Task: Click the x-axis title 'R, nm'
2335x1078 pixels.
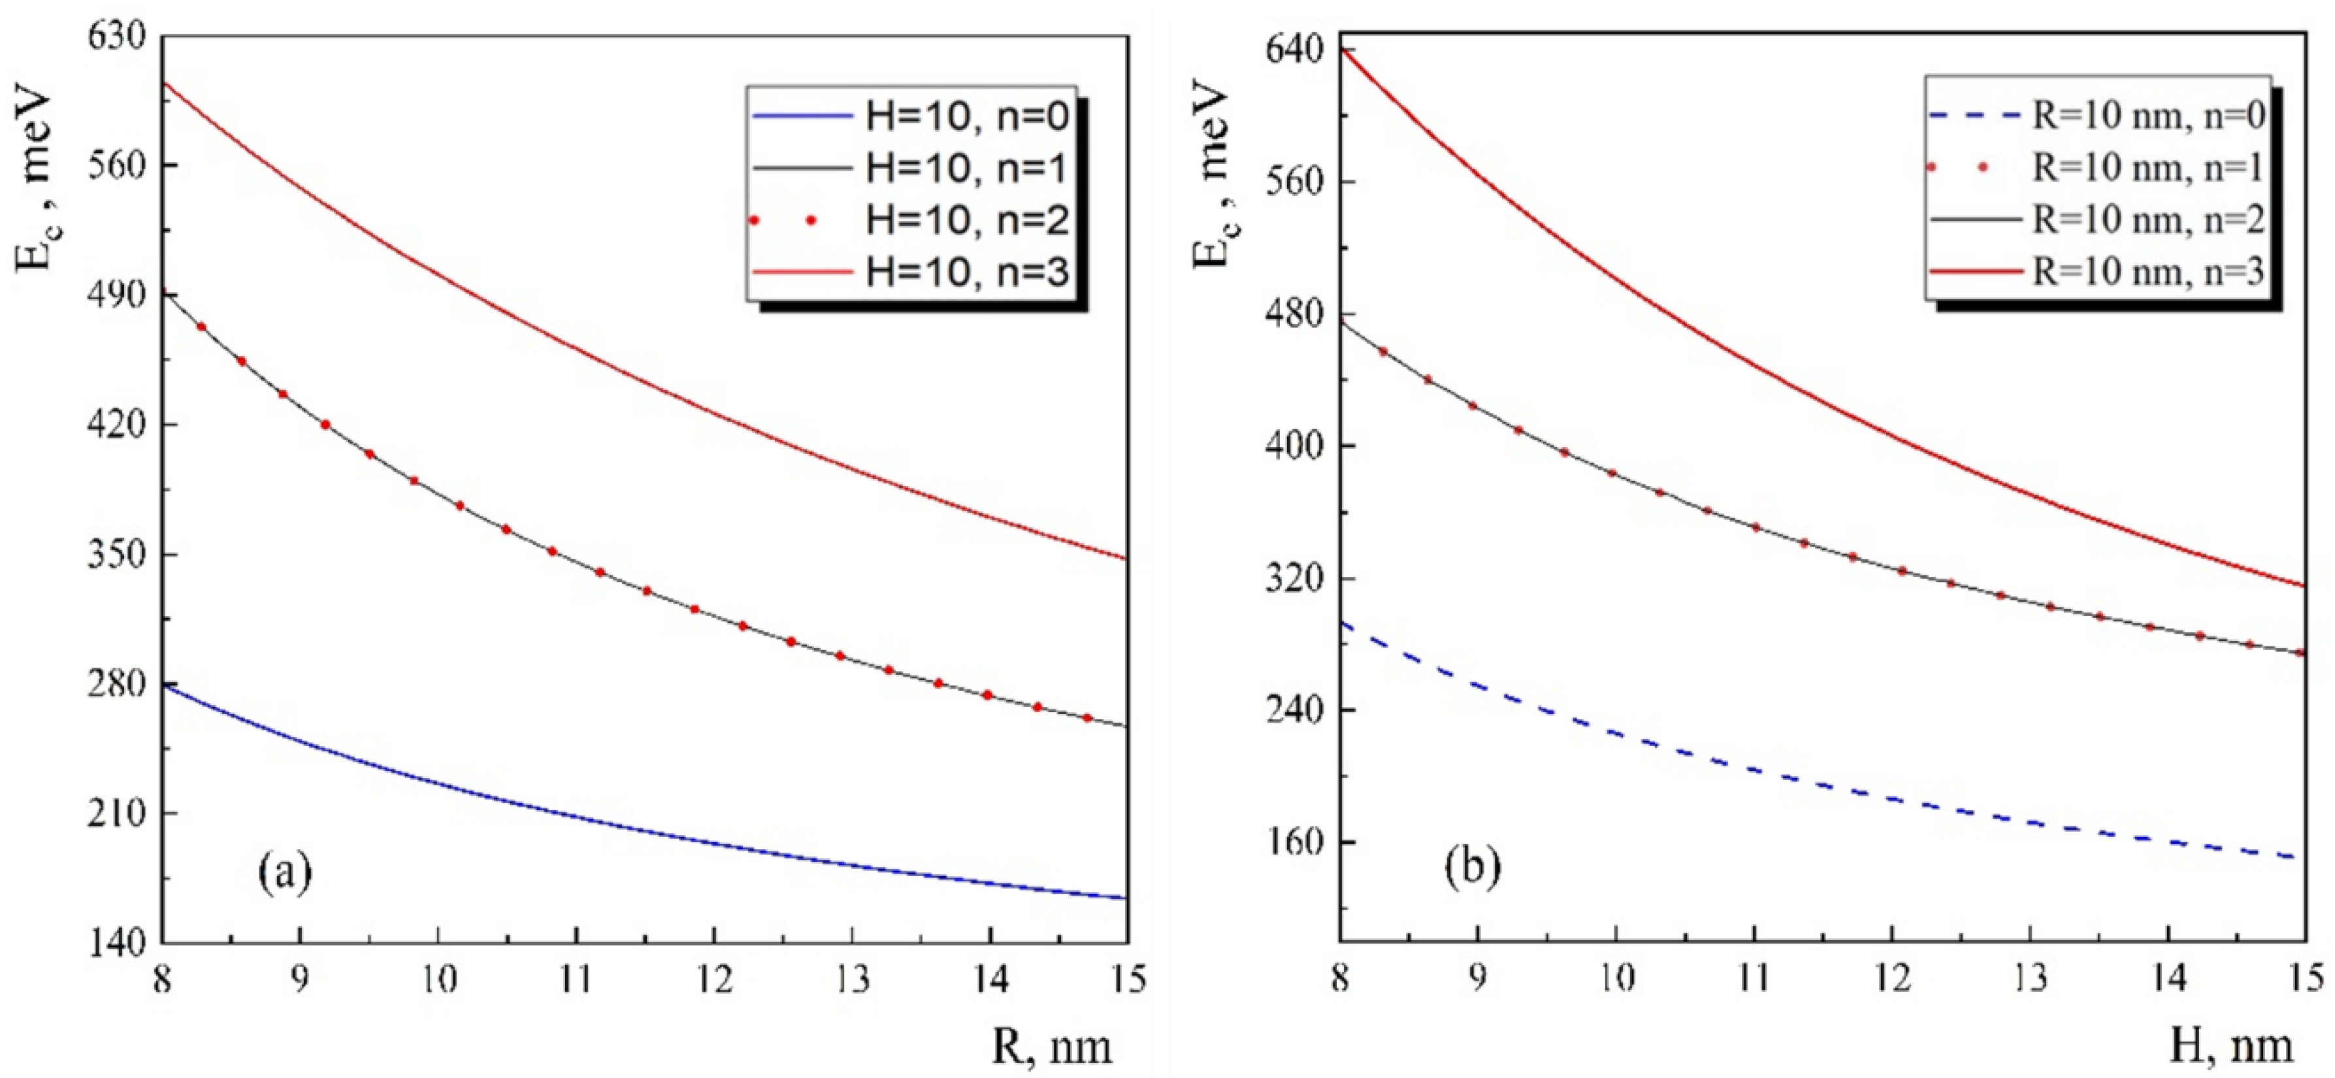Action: [1051, 1047]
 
